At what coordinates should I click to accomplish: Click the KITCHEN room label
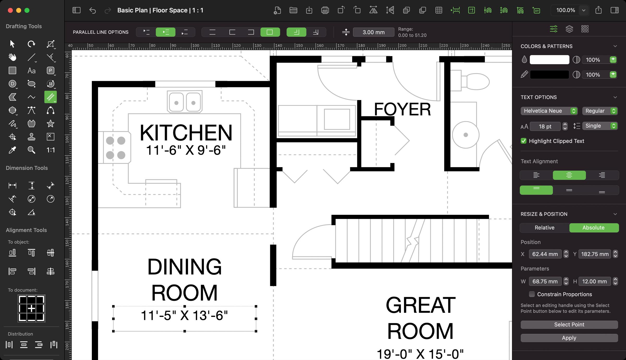pos(186,133)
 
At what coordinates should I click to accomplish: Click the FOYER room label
pos(402,109)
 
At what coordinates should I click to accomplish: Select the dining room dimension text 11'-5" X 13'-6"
pos(184,315)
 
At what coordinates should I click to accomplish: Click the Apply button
pos(569,338)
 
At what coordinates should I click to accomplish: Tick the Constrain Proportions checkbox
pos(532,294)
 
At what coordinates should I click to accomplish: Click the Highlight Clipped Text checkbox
pos(523,141)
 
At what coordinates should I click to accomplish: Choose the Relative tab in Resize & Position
pos(544,228)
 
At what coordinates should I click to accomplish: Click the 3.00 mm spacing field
pos(373,32)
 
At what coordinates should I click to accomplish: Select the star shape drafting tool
pos(50,124)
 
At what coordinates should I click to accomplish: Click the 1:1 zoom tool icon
pos(50,150)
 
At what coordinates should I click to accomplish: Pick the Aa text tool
pos(31,71)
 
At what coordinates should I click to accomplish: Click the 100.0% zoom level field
pos(565,10)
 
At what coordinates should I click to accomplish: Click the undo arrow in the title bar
pos(93,10)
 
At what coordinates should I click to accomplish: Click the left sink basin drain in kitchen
pos(176,103)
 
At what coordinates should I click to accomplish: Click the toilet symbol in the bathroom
pos(477,82)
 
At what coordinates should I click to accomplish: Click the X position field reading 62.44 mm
pos(545,254)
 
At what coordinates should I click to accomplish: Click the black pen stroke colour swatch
pos(549,75)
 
